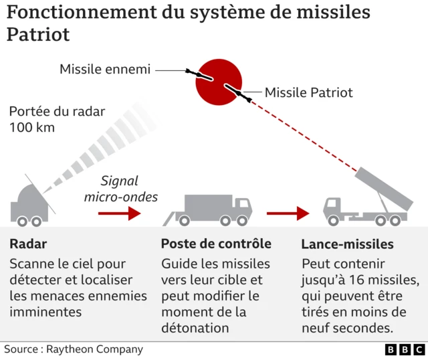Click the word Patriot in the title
(38, 34)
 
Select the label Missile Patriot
(308, 92)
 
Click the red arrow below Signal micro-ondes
(120, 213)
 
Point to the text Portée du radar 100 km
(57, 119)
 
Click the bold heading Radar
(28, 244)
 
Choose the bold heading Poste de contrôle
(216, 244)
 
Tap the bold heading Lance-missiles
(347, 244)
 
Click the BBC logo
(405, 349)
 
